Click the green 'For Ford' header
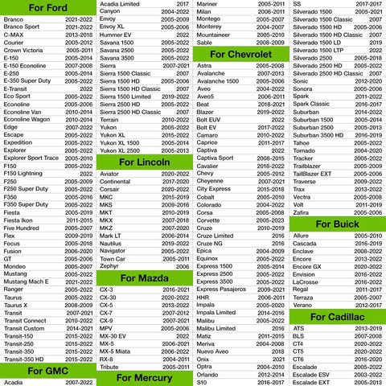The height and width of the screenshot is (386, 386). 47,8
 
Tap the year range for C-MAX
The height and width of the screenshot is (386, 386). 79,35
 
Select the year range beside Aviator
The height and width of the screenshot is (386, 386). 175,174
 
